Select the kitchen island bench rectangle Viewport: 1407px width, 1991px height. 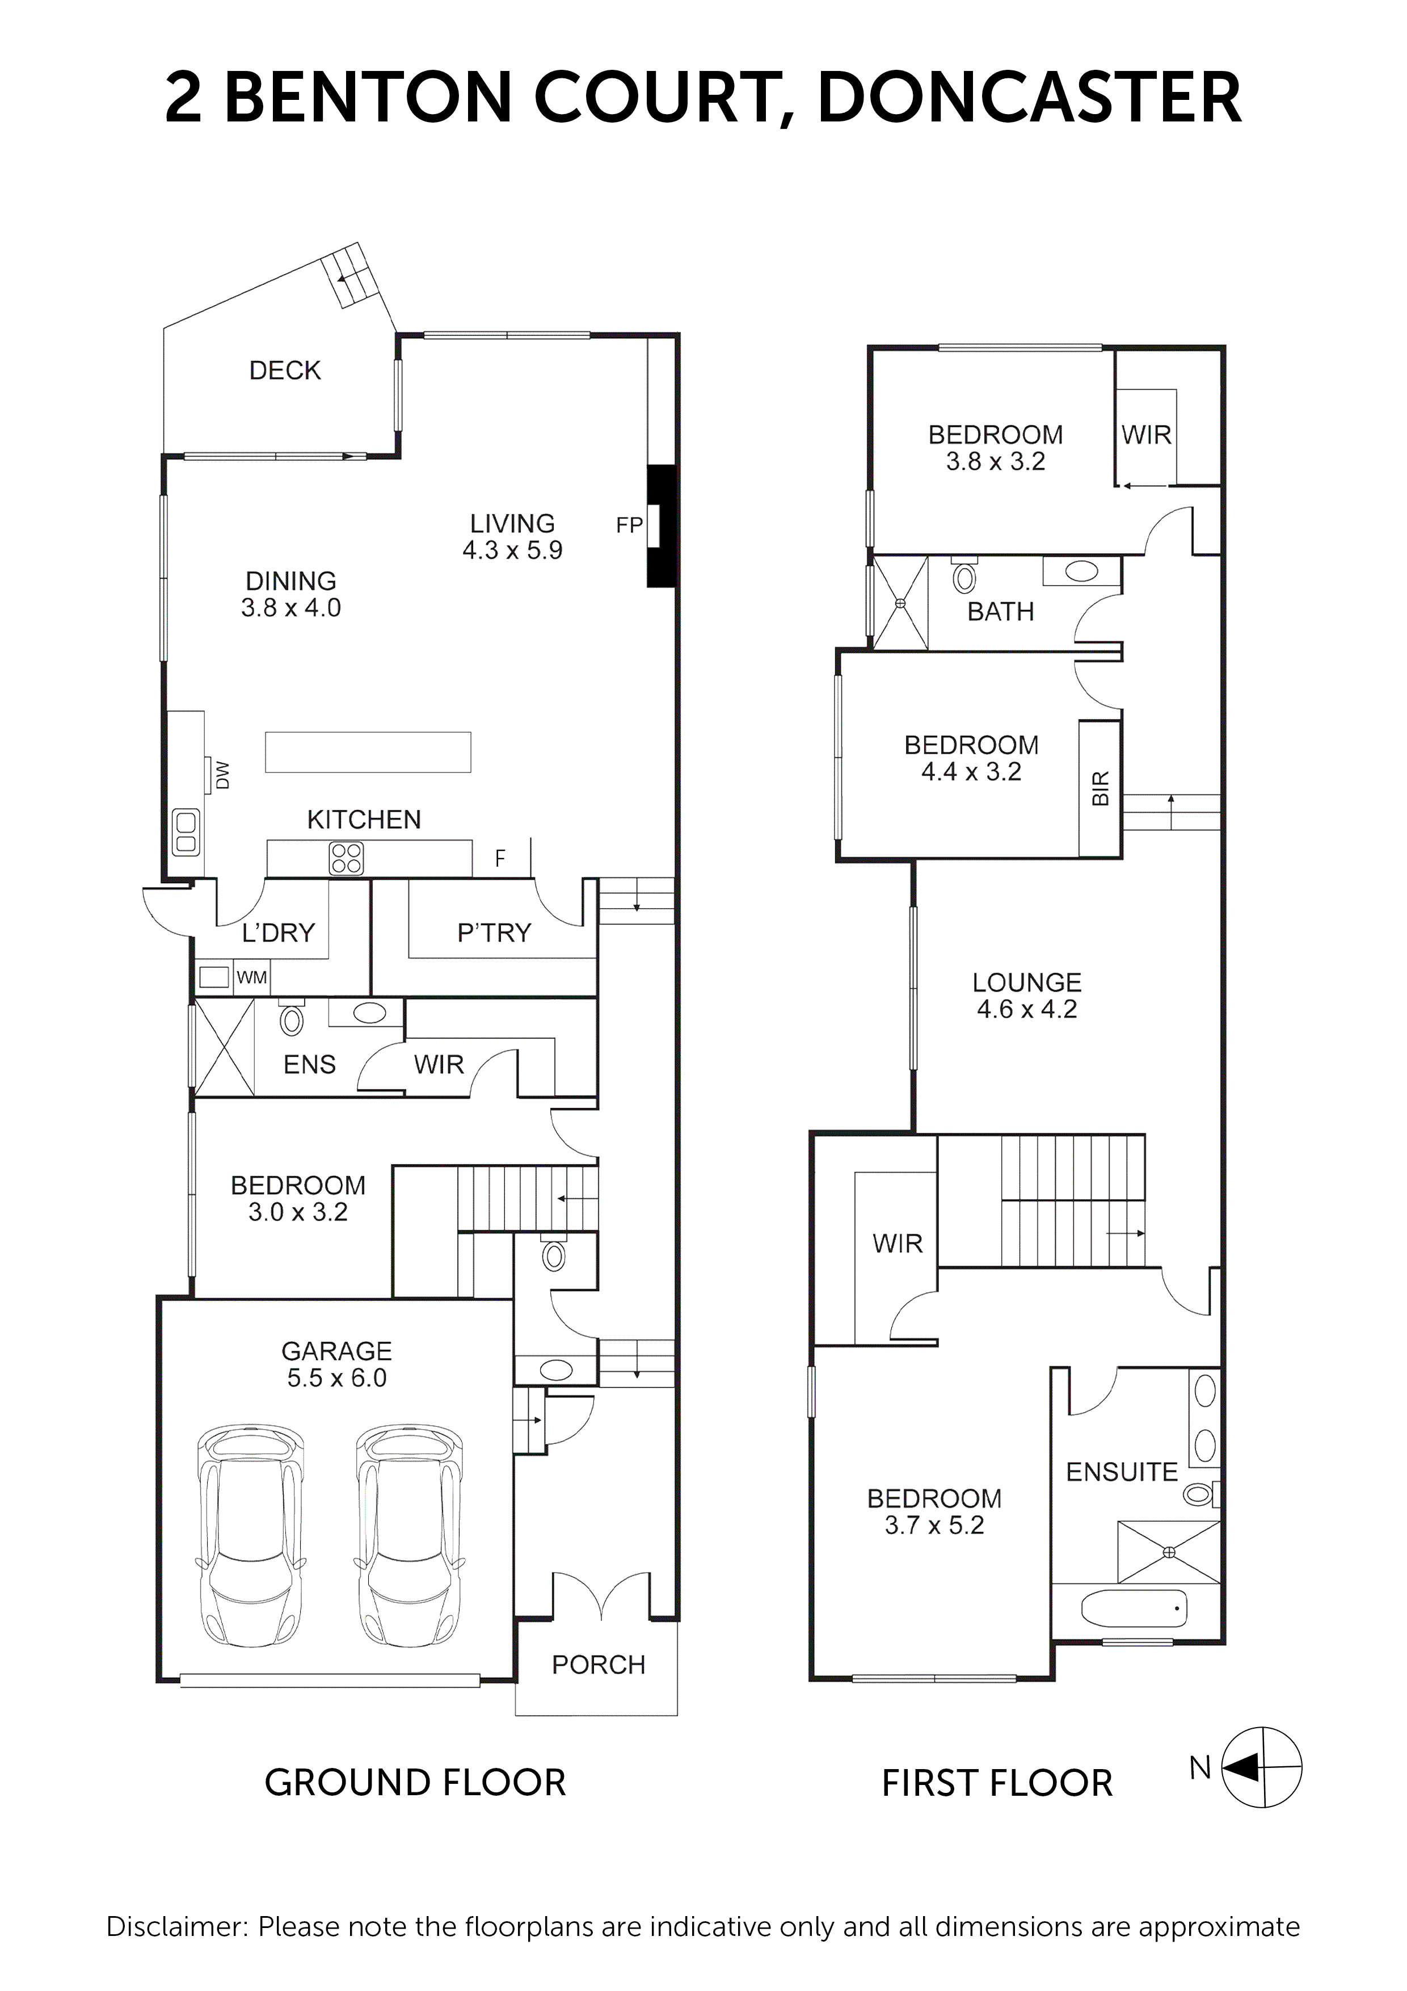point(368,752)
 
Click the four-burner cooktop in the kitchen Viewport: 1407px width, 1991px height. point(346,859)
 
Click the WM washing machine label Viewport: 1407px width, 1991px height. point(251,977)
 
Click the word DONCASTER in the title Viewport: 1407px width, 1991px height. point(1029,98)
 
